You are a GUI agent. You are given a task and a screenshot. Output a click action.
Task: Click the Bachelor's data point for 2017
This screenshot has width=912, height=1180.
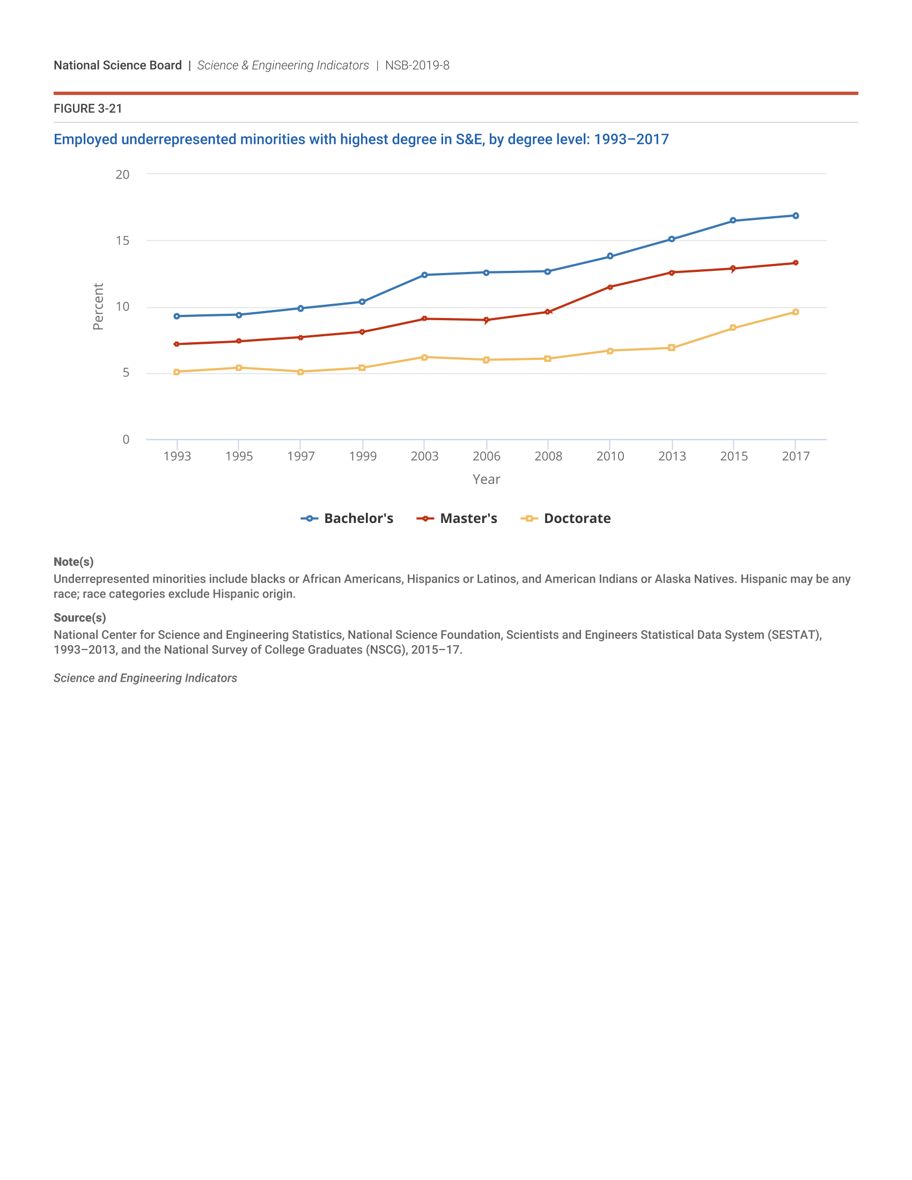click(795, 216)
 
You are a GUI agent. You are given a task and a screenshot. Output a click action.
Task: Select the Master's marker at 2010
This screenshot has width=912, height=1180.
click(610, 287)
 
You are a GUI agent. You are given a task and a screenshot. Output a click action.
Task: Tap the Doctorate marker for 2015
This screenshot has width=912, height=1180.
click(733, 327)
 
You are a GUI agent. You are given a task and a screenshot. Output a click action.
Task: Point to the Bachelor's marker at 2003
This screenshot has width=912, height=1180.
click(424, 275)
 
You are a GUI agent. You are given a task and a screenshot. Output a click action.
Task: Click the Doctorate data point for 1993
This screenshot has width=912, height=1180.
click(176, 372)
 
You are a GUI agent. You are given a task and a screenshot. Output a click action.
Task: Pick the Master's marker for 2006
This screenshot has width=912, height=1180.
click(486, 320)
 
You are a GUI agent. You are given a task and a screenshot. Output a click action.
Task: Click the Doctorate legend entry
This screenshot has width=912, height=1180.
click(565, 518)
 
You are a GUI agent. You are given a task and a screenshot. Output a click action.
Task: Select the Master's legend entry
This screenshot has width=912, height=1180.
click(457, 518)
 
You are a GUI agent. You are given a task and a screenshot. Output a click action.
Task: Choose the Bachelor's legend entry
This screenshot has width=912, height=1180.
click(348, 518)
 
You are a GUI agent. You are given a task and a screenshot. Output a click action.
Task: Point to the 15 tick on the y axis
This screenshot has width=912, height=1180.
click(123, 240)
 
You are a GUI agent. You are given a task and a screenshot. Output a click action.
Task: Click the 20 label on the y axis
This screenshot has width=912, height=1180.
click(123, 174)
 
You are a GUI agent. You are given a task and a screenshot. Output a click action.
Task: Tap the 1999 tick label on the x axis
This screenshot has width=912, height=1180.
click(363, 456)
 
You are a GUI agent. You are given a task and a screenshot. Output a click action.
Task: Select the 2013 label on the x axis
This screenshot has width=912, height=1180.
click(672, 456)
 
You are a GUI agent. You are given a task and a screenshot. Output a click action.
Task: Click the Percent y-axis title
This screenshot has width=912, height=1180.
click(98, 306)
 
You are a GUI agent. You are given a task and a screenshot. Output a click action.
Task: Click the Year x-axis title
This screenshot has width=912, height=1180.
click(486, 479)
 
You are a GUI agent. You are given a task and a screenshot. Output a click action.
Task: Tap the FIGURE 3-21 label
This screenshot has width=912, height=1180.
click(87, 108)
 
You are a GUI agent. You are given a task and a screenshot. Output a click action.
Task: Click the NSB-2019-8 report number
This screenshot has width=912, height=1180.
click(417, 65)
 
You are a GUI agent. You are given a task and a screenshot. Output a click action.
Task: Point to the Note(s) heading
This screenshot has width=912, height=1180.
click(73, 562)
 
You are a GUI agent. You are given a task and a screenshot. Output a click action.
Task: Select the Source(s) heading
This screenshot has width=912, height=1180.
click(79, 617)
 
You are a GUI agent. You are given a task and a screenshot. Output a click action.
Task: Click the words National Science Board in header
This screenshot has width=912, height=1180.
click(118, 65)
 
